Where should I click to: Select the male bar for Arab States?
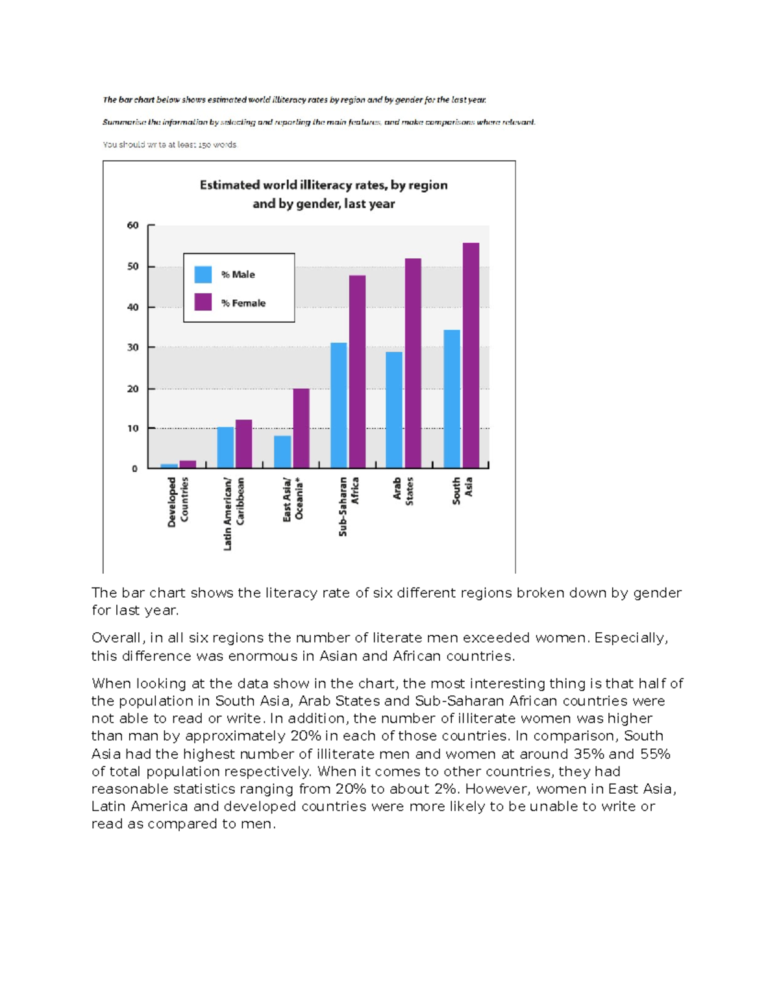click(394, 410)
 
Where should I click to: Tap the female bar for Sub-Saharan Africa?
click(357, 371)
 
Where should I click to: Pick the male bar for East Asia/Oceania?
click(282, 452)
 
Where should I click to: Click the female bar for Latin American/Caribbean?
click(243, 444)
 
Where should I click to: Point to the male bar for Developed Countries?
click(169, 465)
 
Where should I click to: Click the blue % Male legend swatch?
click(203, 275)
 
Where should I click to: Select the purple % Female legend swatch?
click(203, 302)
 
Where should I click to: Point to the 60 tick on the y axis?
click(133, 225)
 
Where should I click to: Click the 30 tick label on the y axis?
click(133, 347)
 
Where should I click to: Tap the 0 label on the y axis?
click(135, 468)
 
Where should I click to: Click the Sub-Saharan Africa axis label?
click(349, 506)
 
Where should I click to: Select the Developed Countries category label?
click(178, 501)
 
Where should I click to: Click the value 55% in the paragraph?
click(654, 754)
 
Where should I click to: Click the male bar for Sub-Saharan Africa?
click(338, 405)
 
